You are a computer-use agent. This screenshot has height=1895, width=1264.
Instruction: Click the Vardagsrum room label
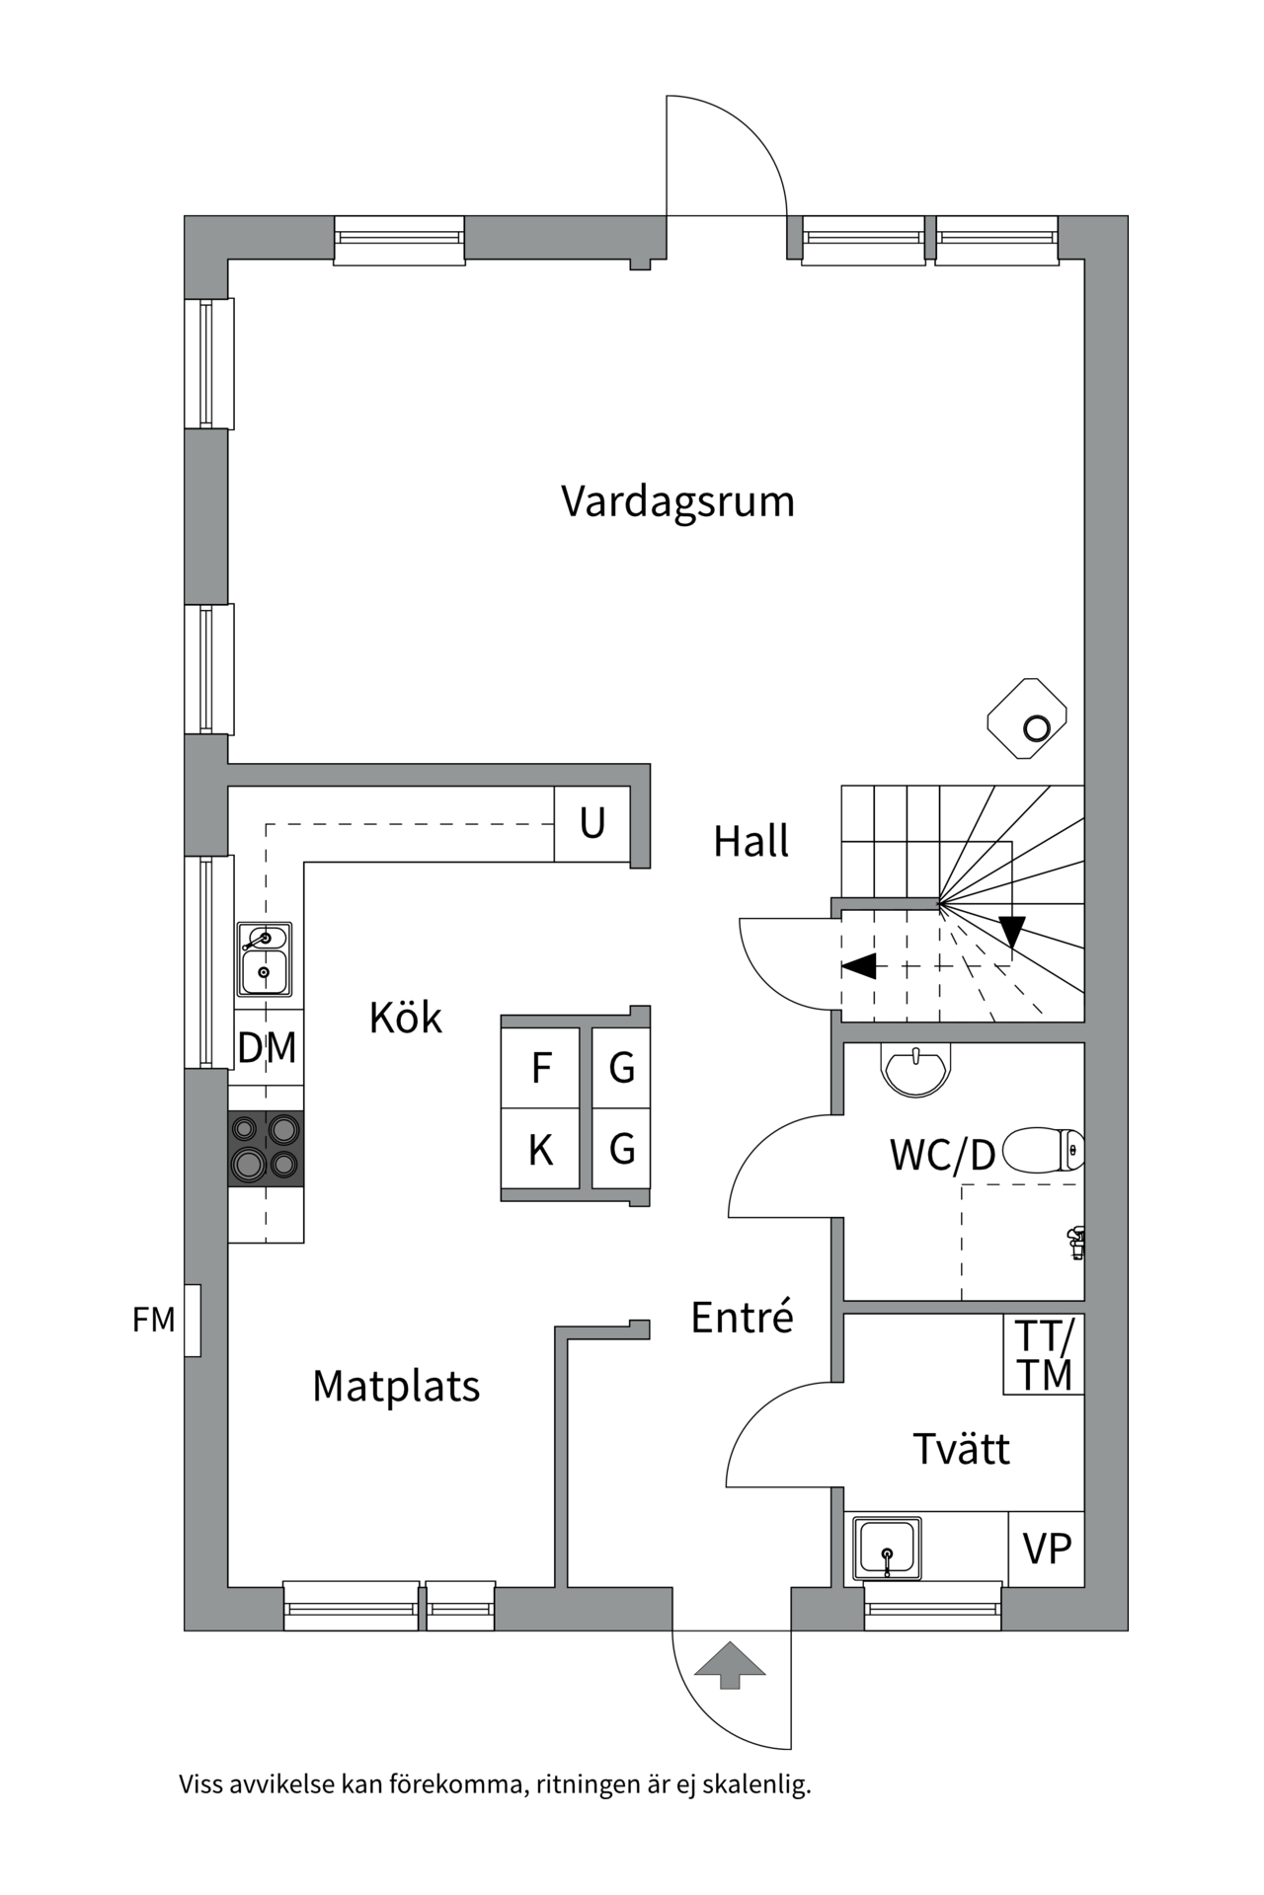[677, 501]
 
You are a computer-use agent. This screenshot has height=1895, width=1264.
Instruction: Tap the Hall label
[750, 842]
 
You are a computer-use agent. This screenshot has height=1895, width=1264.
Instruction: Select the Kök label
[405, 1018]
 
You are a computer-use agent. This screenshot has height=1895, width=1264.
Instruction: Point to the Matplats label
[396, 1387]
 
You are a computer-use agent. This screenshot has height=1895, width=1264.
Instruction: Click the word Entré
[742, 1318]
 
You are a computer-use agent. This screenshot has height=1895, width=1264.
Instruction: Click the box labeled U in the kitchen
[592, 823]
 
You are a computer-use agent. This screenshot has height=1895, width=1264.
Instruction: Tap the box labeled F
[540, 1068]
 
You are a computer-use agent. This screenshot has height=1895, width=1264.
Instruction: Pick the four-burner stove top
[266, 1148]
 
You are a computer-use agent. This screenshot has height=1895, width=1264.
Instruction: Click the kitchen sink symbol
[264, 959]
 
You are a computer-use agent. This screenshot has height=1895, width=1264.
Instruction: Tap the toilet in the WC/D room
[1043, 1150]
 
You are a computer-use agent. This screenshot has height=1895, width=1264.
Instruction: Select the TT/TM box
[1044, 1355]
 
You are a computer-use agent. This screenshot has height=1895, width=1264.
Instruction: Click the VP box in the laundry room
[1047, 1550]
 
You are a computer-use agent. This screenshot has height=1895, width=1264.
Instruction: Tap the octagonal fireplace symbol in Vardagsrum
[1027, 719]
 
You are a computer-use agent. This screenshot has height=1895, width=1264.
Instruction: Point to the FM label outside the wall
[154, 1320]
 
